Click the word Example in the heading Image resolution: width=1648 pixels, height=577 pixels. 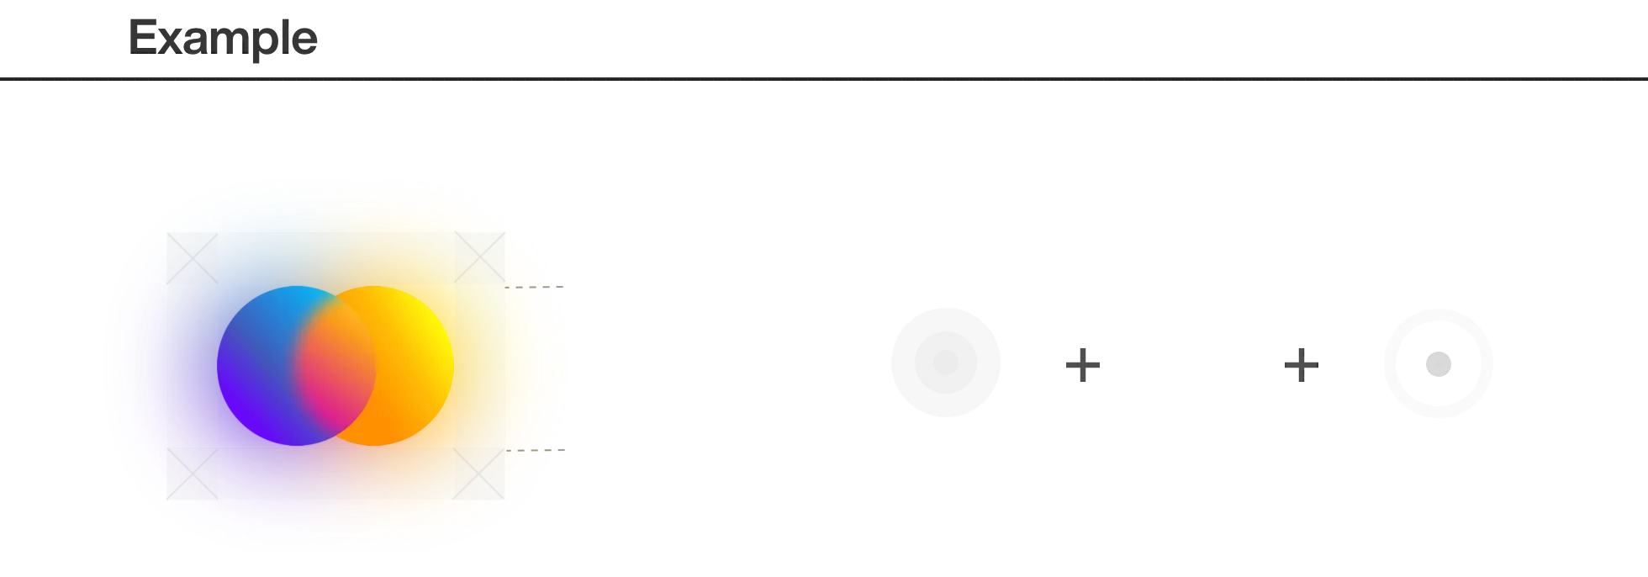pyautogui.click(x=224, y=39)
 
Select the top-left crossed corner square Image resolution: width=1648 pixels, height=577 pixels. pyautogui.click(x=192, y=259)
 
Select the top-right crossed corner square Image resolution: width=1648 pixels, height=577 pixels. pyautogui.click(x=480, y=259)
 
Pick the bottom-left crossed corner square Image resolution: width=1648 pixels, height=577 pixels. pyautogui.click(x=192, y=474)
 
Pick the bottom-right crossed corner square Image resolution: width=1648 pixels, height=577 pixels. pyautogui.click(x=480, y=474)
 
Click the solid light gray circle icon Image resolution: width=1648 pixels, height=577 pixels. pyautogui.click(x=944, y=361)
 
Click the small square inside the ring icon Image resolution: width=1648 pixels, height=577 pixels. pyautogui.click(x=1439, y=363)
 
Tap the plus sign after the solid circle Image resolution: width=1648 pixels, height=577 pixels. pyautogui.click(x=1082, y=363)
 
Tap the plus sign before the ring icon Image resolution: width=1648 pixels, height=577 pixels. pyautogui.click(x=1301, y=363)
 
